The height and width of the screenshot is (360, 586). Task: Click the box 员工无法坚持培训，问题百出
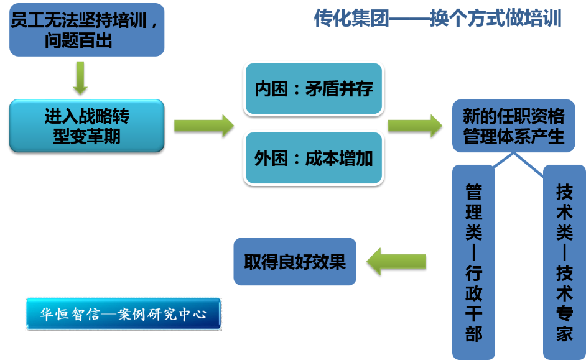click(86, 30)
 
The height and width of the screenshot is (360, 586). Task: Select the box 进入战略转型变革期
click(86, 126)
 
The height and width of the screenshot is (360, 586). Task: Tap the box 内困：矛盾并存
click(314, 89)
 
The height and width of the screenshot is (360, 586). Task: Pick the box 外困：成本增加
click(314, 158)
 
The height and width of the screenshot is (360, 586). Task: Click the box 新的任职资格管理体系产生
click(514, 126)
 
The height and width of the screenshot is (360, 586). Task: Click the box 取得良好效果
click(295, 262)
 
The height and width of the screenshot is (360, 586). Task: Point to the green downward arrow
click(80, 76)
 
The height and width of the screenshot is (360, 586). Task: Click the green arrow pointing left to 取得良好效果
click(396, 261)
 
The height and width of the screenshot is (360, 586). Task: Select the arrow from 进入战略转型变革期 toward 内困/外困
click(203, 126)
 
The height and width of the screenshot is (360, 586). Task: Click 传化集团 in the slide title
click(351, 19)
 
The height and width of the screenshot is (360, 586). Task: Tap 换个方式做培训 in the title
click(496, 19)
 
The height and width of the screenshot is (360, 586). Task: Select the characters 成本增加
click(339, 158)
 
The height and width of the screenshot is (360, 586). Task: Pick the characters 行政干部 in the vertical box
click(474, 304)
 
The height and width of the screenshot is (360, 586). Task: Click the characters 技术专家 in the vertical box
click(564, 304)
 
